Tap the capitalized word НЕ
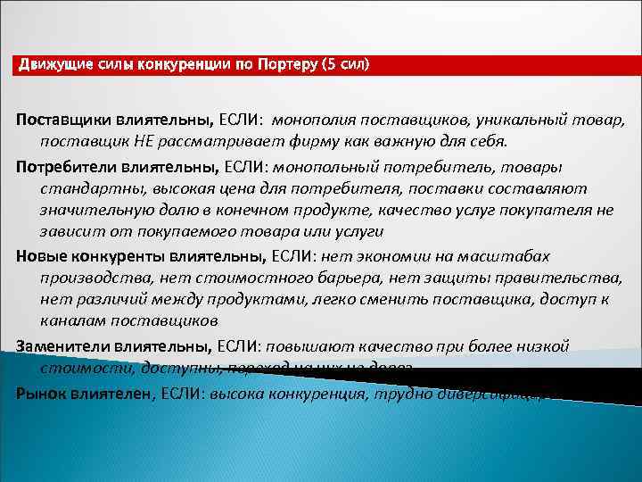[144, 141]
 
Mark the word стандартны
[85, 187]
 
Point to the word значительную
[93, 210]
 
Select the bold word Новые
[39, 255]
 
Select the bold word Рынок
[41, 391]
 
